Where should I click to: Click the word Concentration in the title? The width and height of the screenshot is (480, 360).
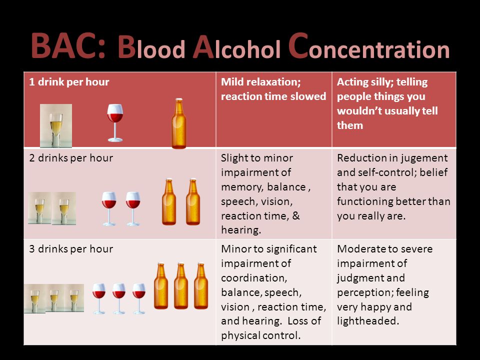[x=369, y=46]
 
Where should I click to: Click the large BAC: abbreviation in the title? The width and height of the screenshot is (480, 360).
[x=68, y=46]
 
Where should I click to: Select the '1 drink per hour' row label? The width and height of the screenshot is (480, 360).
[x=69, y=82]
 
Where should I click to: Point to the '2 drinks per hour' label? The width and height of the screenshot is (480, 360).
[x=71, y=158]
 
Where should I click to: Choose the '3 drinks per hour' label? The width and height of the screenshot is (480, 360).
[x=71, y=249]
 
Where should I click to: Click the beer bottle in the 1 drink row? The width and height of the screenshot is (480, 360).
[x=179, y=123]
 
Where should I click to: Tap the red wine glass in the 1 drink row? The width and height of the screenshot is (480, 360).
[x=115, y=123]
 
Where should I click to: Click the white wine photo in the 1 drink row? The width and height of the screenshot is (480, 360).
[x=56, y=126]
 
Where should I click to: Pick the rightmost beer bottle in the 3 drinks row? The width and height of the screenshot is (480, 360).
[x=201, y=286]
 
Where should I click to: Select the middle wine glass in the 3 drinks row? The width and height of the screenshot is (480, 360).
[x=119, y=299]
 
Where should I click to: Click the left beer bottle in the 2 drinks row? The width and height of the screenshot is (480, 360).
[x=169, y=201]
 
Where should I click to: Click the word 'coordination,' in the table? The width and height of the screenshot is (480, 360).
[x=254, y=278]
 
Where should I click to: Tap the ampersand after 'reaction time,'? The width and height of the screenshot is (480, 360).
[x=296, y=216]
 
